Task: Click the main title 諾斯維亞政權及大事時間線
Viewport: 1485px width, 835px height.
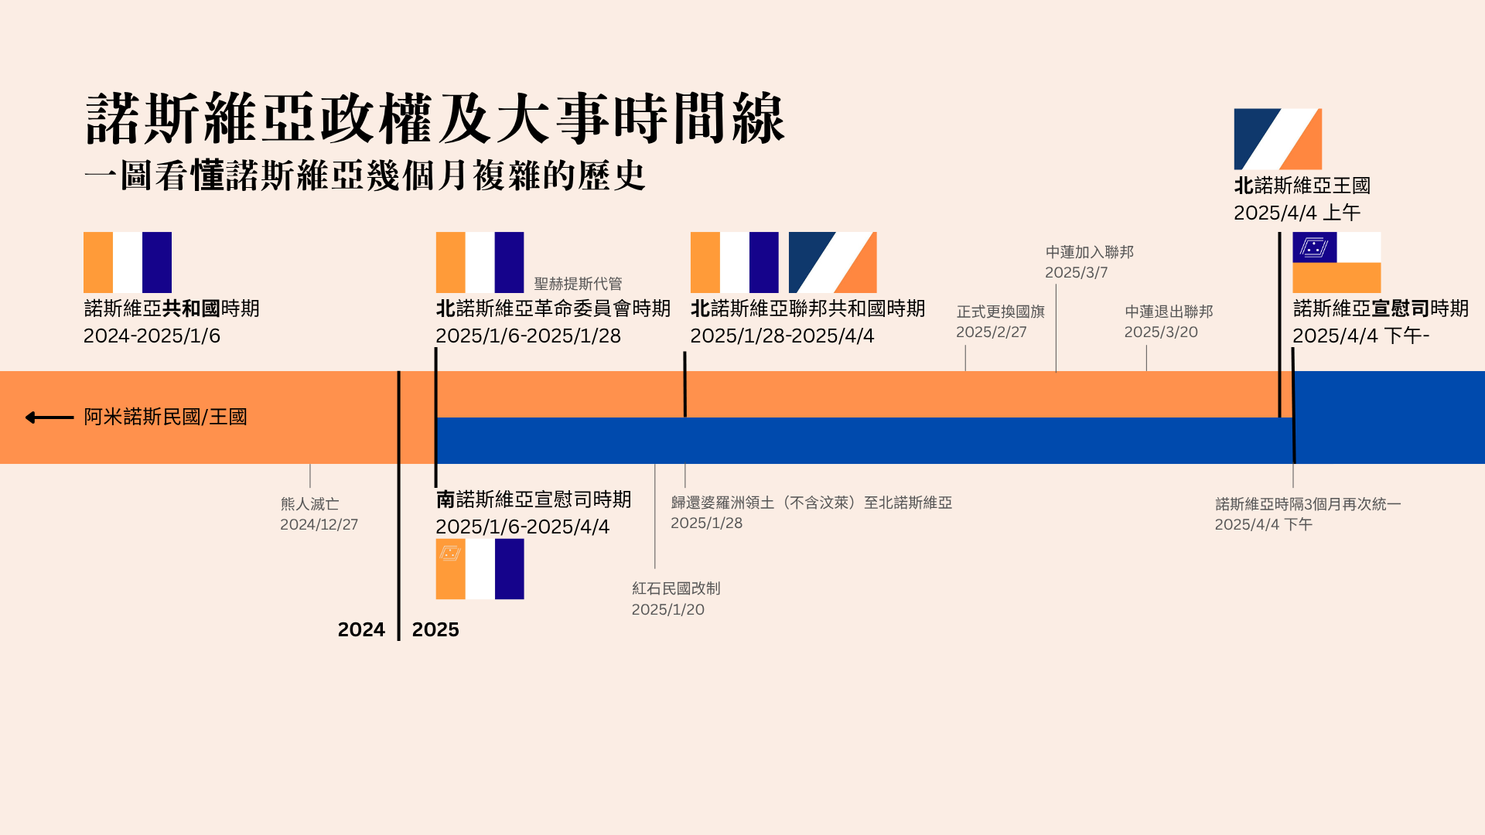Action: (x=435, y=118)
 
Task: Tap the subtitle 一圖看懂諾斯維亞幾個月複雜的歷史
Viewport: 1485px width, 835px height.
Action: (x=364, y=176)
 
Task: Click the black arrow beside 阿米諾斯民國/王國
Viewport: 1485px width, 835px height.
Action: (x=49, y=417)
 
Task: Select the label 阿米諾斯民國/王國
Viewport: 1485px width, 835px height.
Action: (x=166, y=417)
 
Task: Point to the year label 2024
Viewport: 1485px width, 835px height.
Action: (x=361, y=630)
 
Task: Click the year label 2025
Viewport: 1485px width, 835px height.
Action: (x=435, y=630)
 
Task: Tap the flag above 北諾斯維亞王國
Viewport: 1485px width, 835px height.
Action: (x=1278, y=139)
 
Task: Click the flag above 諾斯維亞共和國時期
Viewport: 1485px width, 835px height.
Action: (x=128, y=262)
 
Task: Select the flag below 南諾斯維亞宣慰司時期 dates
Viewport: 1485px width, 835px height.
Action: (x=480, y=569)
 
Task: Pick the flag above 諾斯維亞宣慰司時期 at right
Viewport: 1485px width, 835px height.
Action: (x=1336, y=262)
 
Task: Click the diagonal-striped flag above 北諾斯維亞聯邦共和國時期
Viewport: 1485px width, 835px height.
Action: (x=832, y=262)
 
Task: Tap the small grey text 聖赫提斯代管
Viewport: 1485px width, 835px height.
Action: (x=578, y=284)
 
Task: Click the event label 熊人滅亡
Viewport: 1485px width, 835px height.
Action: (x=309, y=504)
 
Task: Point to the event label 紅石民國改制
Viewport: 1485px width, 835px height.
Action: (x=676, y=588)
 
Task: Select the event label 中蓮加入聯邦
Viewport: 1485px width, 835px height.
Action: (x=1090, y=252)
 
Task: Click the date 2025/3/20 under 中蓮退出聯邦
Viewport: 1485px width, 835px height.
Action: (x=1161, y=332)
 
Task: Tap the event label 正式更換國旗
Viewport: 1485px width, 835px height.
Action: (x=1001, y=312)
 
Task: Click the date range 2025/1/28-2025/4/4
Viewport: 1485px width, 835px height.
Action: (x=782, y=336)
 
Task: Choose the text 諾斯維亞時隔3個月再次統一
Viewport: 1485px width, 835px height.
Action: (x=1308, y=504)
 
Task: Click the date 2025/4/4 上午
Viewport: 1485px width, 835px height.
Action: (x=1297, y=213)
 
